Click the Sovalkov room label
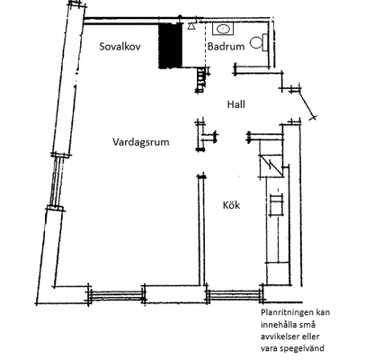click(x=120, y=47)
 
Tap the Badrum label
click(x=226, y=47)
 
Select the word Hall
click(x=236, y=104)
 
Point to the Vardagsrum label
click(x=141, y=141)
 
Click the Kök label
click(x=231, y=205)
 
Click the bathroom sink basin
click(x=223, y=29)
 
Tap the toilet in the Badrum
click(x=259, y=42)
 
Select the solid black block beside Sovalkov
click(x=170, y=46)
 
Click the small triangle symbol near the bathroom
click(x=191, y=26)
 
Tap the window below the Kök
click(x=235, y=294)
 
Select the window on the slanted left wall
click(x=58, y=182)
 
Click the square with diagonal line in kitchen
click(x=271, y=166)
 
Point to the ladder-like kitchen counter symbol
click(x=276, y=205)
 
